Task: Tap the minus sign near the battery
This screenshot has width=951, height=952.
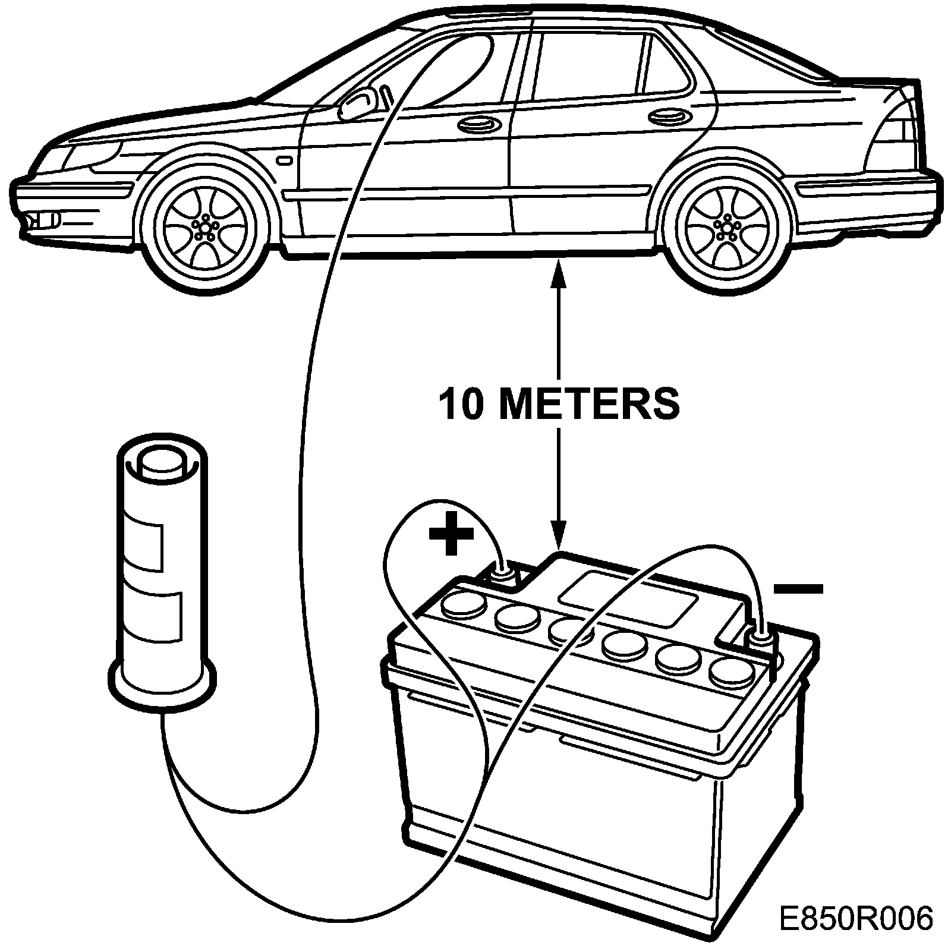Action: [798, 589]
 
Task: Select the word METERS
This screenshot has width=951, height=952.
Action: [589, 404]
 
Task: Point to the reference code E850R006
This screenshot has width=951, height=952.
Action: [856, 918]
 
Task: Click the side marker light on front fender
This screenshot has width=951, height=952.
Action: [284, 160]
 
